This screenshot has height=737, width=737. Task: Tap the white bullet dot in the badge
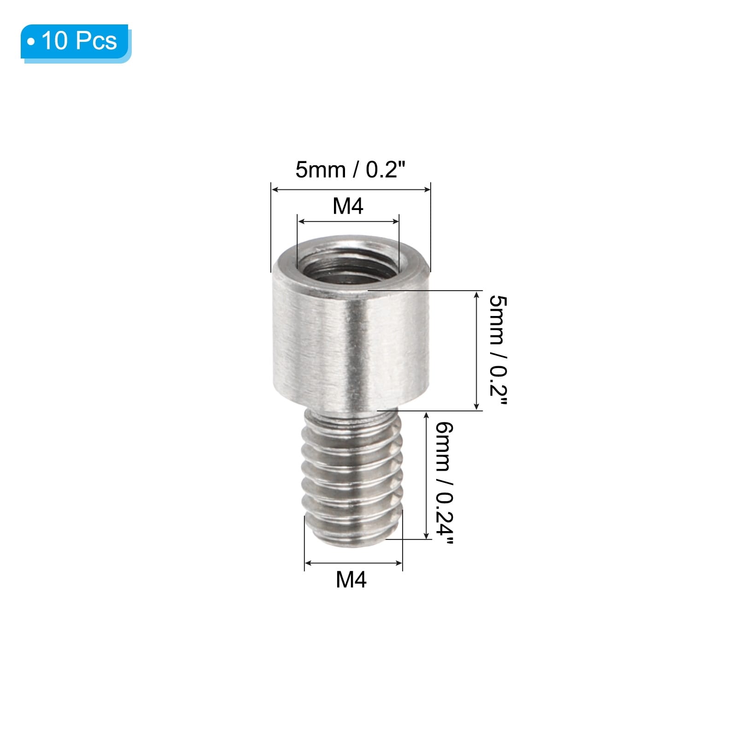point(31,42)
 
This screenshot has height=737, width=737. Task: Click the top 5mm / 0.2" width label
point(350,170)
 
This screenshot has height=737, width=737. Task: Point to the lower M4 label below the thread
point(351,579)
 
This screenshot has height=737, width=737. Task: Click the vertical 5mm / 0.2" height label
point(498,351)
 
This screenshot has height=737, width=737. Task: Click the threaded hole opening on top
point(348,264)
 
